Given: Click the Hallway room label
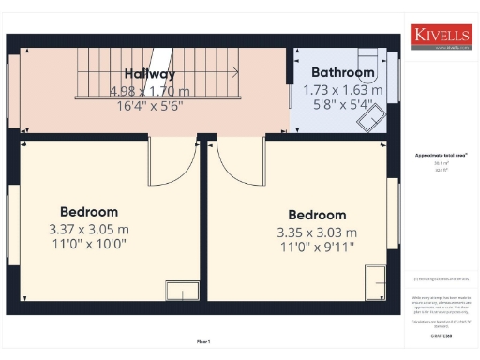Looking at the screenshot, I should (150, 74).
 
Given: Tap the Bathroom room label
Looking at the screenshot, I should (342, 72).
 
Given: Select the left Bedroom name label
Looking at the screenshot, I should (89, 212).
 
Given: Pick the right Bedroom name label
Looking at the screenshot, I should (317, 215).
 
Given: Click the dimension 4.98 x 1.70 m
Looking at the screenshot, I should (149, 91).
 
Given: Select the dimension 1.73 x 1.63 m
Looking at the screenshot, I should (342, 90).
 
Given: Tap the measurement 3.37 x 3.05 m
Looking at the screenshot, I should (89, 229).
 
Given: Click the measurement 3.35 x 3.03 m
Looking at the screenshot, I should (317, 232).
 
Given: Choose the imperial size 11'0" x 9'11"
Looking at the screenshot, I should (317, 247).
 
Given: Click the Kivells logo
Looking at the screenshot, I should (439, 35).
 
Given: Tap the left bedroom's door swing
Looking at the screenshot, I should (169, 161).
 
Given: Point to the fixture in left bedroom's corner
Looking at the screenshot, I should (182, 291).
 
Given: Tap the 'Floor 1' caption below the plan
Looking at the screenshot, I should (203, 342).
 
